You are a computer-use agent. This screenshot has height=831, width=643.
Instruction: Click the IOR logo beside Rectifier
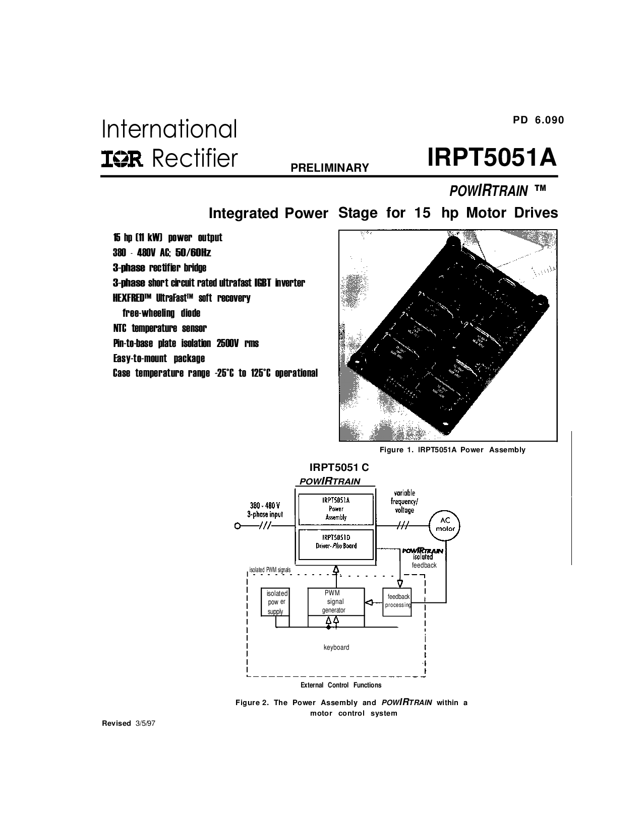pyautogui.click(x=122, y=159)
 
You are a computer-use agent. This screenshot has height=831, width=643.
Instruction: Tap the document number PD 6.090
pyautogui.click(x=539, y=120)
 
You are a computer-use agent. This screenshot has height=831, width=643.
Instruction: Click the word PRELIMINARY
pyautogui.click(x=330, y=168)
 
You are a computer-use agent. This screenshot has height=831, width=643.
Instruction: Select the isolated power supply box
pyautogui.click(x=275, y=602)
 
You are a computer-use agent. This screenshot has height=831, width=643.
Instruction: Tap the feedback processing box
pyautogui.click(x=397, y=602)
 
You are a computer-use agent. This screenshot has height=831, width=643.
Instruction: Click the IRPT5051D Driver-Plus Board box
pyautogui.click(x=336, y=544)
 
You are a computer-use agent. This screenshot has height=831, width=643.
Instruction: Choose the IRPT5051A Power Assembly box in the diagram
pyautogui.click(x=336, y=509)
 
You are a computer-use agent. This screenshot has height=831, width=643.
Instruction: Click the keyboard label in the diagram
pyautogui.click(x=336, y=647)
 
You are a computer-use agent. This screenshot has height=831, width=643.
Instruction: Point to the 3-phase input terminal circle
pyautogui.click(x=238, y=526)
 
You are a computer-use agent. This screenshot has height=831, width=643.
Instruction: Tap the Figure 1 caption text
pyautogui.click(x=452, y=450)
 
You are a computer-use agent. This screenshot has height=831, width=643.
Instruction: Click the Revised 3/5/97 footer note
pyautogui.click(x=129, y=723)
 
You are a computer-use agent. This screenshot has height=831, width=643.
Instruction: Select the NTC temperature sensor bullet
pyautogui.click(x=160, y=328)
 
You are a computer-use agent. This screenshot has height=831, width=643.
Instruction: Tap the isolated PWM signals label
pyautogui.click(x=270, y=570)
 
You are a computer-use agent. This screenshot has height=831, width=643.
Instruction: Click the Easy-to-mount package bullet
pyautogui.click(x=159, y=358)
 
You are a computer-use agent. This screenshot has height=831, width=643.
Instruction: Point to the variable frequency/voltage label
pyautogui.click(x=404, y=501)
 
